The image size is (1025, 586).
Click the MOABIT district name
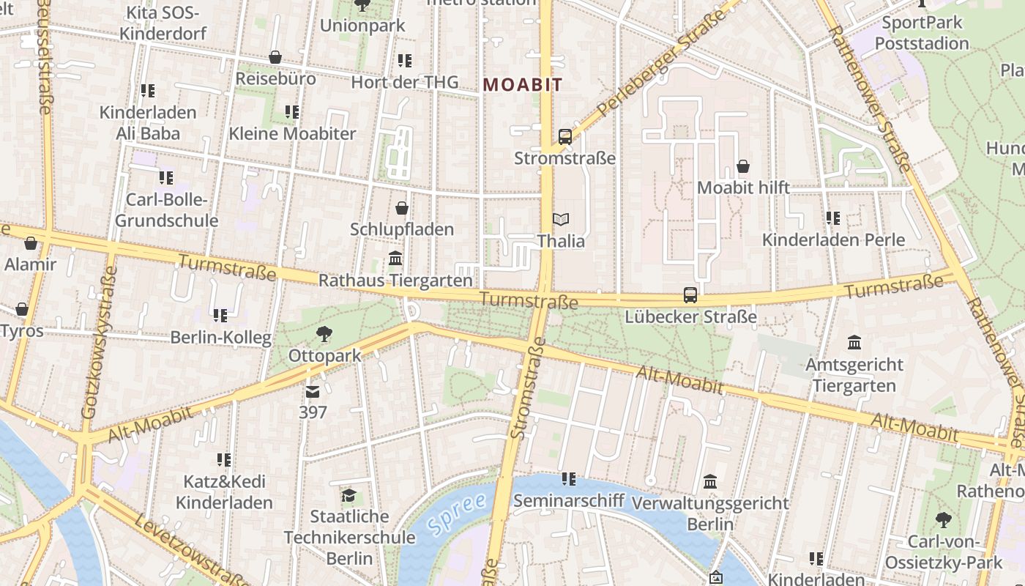point(523,85)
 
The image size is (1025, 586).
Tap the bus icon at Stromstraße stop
point(565,136)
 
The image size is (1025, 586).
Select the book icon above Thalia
point(561,219)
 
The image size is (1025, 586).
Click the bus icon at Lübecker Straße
point(690,295)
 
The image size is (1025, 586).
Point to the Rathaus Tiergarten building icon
point(396,259)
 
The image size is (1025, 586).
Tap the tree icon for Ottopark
point(324,335)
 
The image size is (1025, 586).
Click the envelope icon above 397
point(313,392)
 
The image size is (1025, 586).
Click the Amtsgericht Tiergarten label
point(854,375)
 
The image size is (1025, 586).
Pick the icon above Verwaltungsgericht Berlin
point(710,482)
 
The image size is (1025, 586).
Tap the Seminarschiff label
point(569,501)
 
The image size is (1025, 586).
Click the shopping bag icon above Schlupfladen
point(402,208)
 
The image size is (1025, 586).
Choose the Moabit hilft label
point(743,188)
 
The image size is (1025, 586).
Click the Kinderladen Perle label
point(833,240)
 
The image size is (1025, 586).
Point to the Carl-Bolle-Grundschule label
point(167,210)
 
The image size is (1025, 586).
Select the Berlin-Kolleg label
point(220,338)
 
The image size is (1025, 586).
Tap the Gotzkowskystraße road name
point(100,343)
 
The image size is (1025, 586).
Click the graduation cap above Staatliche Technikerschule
point(348,496)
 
